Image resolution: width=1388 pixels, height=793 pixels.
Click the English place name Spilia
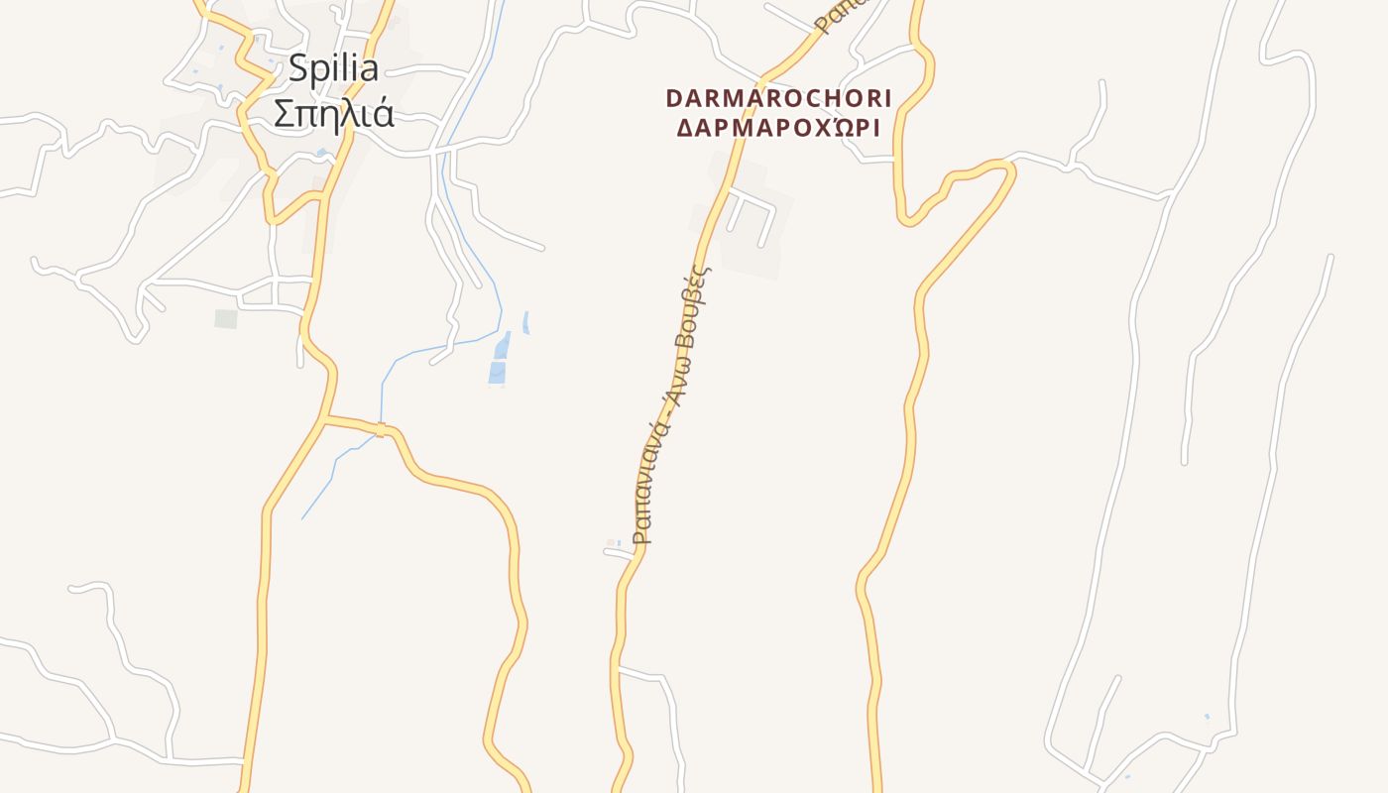[x=333, y=68]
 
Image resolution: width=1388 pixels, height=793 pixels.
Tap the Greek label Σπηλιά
[x=333, y=114]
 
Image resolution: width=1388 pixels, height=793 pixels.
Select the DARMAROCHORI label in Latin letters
[x=778, y=98]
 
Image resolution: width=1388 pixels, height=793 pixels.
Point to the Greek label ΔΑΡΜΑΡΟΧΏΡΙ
[x=778, y=128]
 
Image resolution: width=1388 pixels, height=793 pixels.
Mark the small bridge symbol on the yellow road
[x=380, y=429]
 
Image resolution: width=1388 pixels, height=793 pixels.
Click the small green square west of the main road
[x=226, y=318]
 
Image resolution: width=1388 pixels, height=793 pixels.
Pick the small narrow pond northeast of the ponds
[x=525, y=322]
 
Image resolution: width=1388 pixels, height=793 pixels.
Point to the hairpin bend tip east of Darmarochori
[x=1009, y=171]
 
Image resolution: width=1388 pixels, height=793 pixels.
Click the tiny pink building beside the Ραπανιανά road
[x=611, y=542]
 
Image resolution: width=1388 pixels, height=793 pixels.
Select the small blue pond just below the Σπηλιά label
[x=321, y=153]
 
